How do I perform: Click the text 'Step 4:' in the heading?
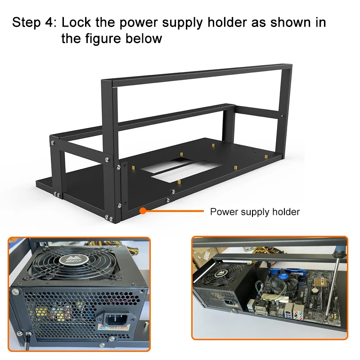pos(34,22)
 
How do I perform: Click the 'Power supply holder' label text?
pos(255,211)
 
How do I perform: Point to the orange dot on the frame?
pos(142,210)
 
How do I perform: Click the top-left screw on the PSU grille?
pos(17,292)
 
